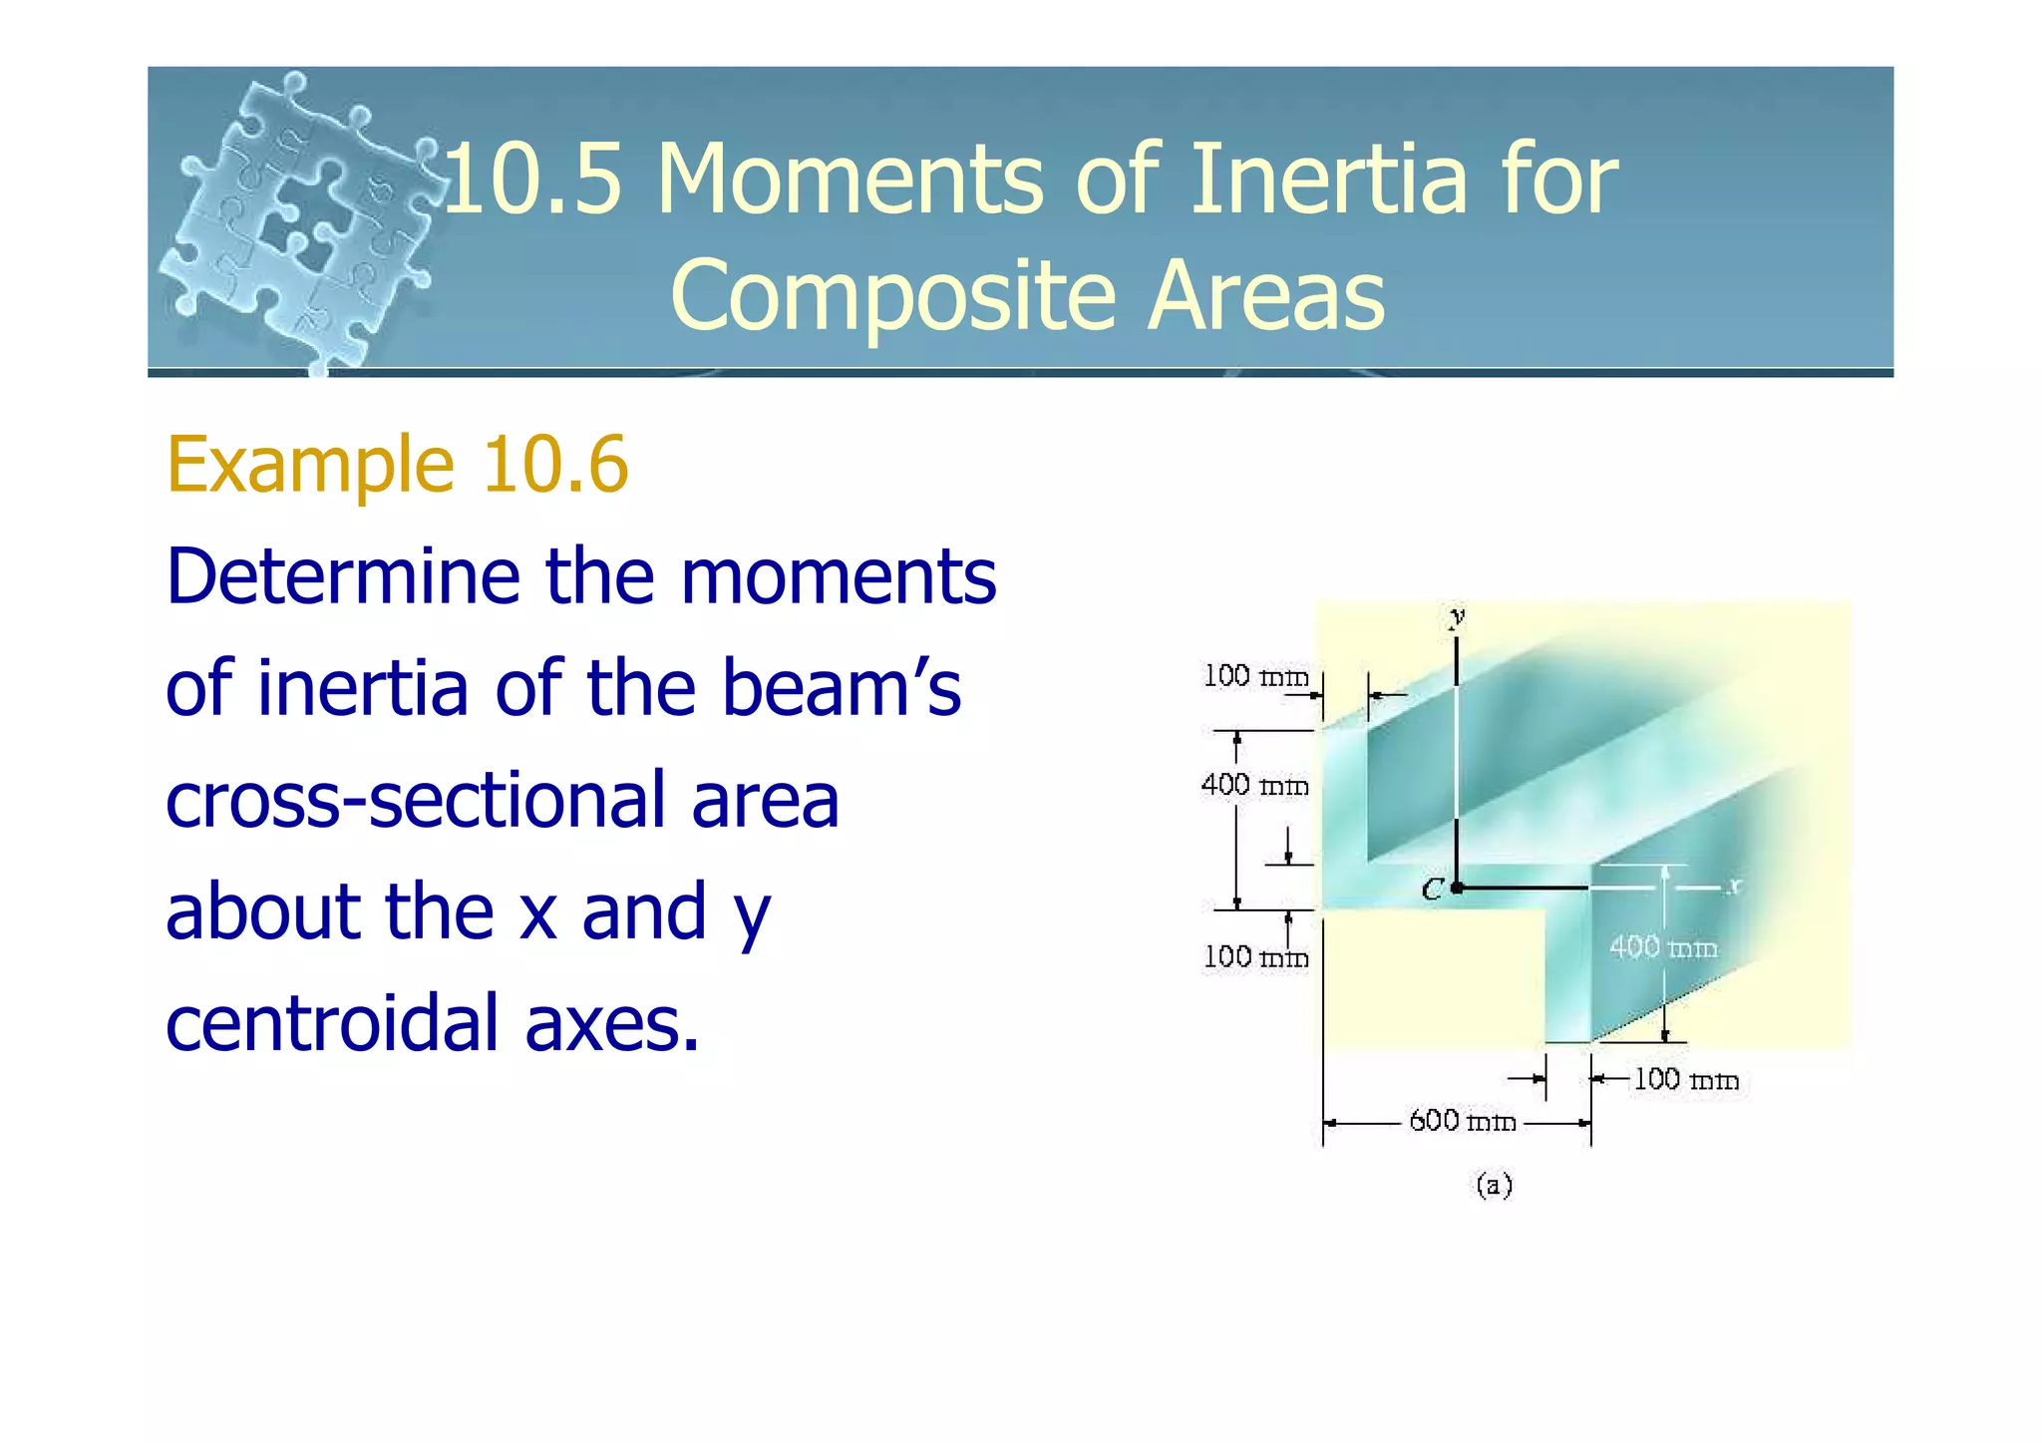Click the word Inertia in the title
[1328, 180]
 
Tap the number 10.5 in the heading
[533, 180]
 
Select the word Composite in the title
[892, 296]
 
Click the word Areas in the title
[1266, 296]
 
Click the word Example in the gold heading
[310, 466]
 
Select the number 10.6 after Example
[554, 465]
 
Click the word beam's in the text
[841, 688]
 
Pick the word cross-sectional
[502, 800]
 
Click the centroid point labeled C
[1457, 887]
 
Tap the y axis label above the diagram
[1457, 616]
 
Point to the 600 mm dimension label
[1462, 1121]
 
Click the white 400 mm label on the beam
[1663, 946]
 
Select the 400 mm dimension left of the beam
[1254, 785]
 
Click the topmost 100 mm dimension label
[1254, 676]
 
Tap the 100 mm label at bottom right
[1685, 1079]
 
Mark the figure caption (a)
[1494, 1185]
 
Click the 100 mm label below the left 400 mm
[1254, 957]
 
